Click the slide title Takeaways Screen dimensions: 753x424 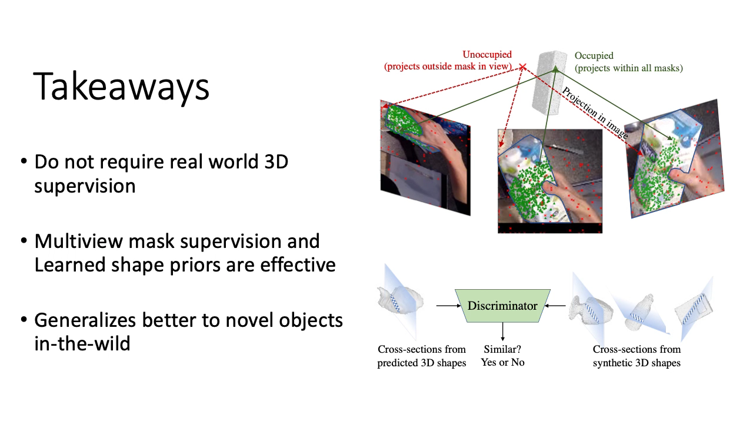121,87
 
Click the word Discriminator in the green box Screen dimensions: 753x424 502,306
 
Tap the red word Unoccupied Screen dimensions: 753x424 487,55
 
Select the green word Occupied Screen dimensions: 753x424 594,56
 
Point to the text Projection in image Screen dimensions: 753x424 595,112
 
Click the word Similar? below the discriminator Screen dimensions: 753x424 502,349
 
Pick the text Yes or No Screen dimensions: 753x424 502,362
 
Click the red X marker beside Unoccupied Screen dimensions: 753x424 522,67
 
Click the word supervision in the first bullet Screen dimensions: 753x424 85,186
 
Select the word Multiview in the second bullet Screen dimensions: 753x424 78,241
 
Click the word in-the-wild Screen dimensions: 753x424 82,343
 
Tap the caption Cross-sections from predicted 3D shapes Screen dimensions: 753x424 422,356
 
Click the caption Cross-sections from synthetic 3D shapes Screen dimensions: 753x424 637,356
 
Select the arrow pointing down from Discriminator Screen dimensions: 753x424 502,332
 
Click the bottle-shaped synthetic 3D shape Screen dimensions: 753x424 639,312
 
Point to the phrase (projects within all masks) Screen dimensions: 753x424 629,68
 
